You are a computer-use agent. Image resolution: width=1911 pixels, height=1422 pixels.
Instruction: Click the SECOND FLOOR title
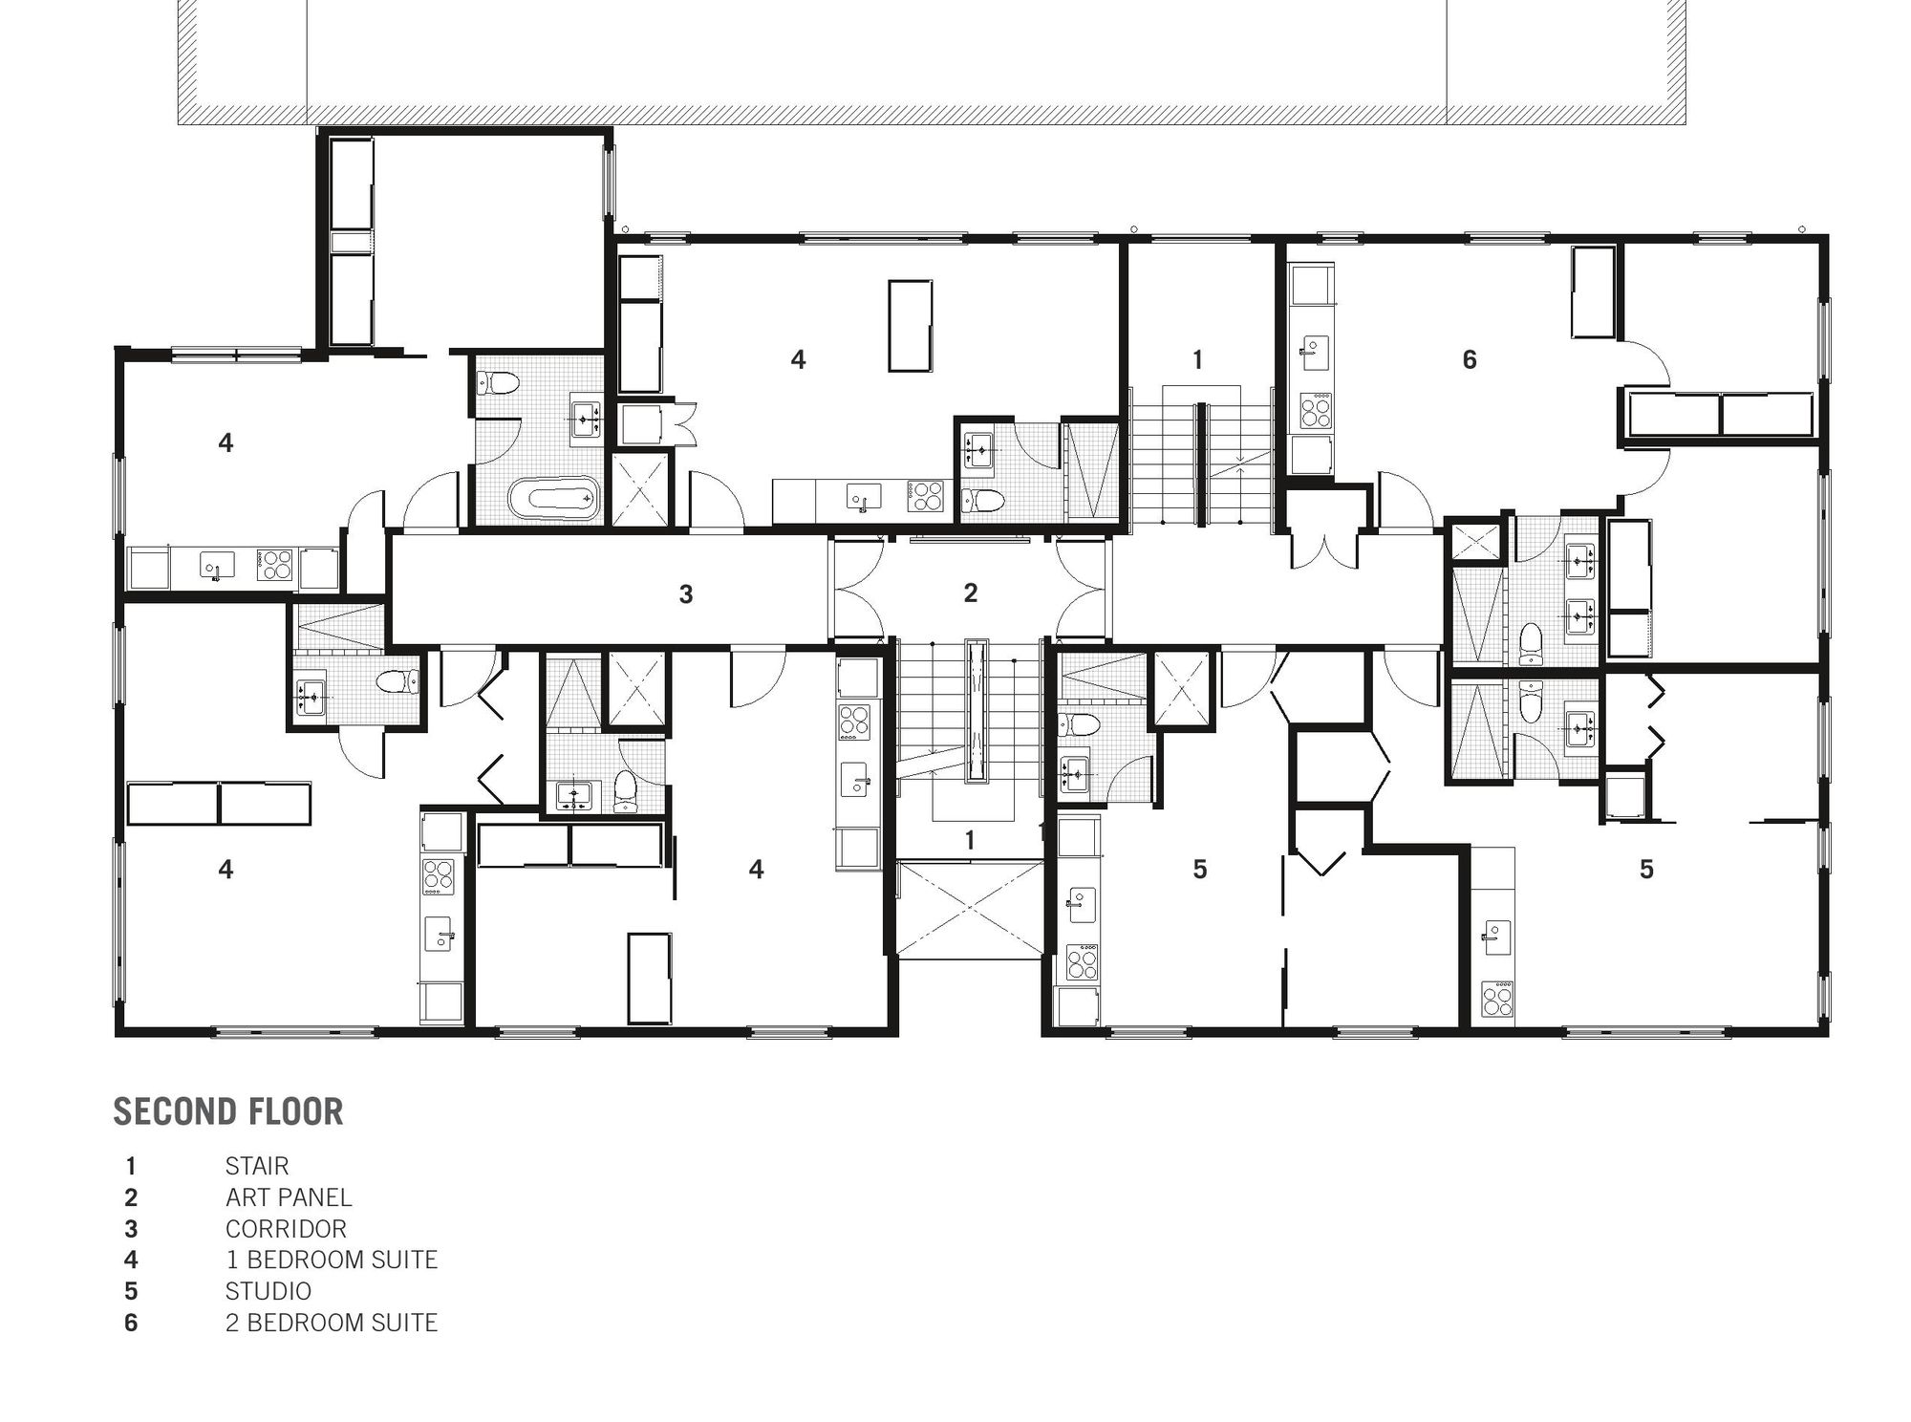[228, 1111]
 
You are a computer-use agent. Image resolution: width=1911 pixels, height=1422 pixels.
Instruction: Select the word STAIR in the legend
[257, 1166]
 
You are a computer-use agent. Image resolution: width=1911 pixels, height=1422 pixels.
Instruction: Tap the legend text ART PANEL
[289, 1197]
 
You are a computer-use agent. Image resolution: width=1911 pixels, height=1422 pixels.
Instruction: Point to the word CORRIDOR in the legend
[286, 1229]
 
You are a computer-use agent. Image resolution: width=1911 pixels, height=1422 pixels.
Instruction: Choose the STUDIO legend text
[268, 1291]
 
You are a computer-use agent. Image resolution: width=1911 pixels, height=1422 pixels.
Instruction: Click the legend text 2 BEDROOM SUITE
[332, 1323]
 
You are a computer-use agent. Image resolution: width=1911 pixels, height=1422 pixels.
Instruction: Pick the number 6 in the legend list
[131, 1323]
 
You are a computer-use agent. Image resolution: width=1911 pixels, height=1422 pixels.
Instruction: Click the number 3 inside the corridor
[685, 594]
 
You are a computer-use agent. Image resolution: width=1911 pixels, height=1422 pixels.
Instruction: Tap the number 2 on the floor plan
[970, 592]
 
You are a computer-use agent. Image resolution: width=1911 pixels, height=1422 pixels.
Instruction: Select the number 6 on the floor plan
[1470, 359]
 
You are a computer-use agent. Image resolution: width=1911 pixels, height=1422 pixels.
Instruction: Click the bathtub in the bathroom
[554, 498]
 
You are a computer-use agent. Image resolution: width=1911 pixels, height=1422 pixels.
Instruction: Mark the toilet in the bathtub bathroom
[498, 383]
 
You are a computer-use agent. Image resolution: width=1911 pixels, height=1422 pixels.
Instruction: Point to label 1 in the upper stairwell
[1197, 359]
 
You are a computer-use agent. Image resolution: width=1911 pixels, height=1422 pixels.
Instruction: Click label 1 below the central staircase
[970, 840]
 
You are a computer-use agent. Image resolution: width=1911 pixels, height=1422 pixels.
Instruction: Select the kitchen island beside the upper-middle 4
[911, 326]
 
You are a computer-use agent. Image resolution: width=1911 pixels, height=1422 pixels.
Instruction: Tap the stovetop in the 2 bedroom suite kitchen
[1316, 411]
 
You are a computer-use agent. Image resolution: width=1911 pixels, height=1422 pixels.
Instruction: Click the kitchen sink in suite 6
[1315, 354]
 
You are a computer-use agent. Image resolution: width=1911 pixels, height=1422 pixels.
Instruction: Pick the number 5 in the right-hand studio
[1646, 869]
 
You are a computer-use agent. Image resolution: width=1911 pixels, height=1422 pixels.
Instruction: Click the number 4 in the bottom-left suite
[225, 869]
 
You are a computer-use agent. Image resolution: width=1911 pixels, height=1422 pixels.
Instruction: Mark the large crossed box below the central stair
[970, 909]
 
